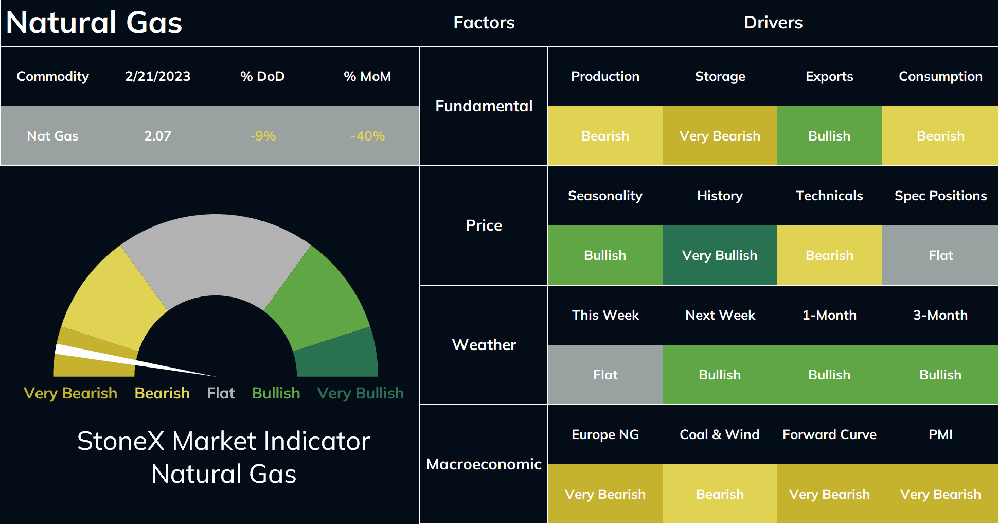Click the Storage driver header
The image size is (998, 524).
click(x=720, y=76)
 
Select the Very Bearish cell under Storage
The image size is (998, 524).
click(x=720, y=136)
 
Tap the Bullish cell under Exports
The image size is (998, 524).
click(x=829, y=136)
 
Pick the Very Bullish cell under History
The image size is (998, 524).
click(x=720, y=255)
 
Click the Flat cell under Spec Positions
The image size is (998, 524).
click(x=940, y=255)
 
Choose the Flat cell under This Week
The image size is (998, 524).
click(x=605, y=375)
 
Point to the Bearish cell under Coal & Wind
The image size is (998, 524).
click(x=720, y=494)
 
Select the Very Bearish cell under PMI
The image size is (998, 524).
click(x=940, y=494)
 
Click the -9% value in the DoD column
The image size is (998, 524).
click(x=263, y=136)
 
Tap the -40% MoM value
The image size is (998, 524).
click(x=368, y=136)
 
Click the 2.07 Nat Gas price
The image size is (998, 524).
click(x=157, y=136)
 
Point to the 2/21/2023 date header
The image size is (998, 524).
click(x=158, y=76)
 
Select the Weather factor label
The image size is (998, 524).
click(x=484, y=345)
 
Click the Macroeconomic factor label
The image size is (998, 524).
click(x=484, y=464)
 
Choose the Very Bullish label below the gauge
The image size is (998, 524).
click(x=361, y=393)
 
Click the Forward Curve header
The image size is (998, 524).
click(x=829, y=434)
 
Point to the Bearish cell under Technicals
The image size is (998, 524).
click(x=829, y=255)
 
